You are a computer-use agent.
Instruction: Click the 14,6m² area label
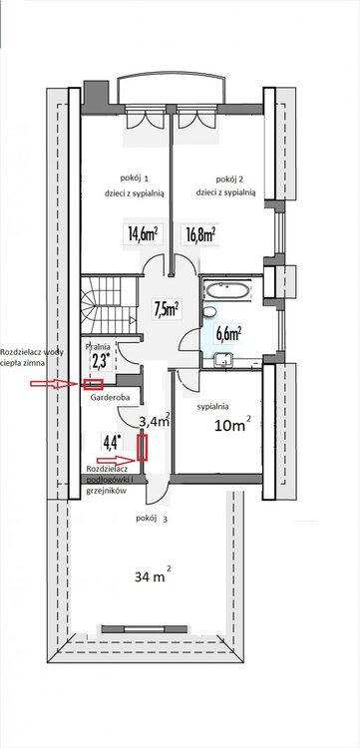pyautogui.click(x=143, y=233)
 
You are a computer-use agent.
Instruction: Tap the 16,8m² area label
pyautogui.click(x=200, y=233)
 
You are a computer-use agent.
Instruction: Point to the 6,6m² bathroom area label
pyautogui.click(x=229, y=334)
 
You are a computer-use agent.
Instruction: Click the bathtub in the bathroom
pyautogui.click(x=226, y=289)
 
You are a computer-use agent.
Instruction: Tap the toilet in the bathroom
pyautogui.click(x=208, y=311)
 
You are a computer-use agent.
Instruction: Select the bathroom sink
pyautogui.click(x=223, y=359)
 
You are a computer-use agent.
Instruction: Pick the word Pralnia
pyautogui.click(x=98, y=347)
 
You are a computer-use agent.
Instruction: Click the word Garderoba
pyautogui.click(x=108, y=396)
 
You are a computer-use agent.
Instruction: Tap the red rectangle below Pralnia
pyautogui.click(x=93, y=384)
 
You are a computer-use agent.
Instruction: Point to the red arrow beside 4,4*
pyautogui.click(x=117, y=460)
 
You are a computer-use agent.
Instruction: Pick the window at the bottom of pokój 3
pyautogui.click(x=144, y=628)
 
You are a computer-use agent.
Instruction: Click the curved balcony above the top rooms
pyautogui.click(x=169, y=88)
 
